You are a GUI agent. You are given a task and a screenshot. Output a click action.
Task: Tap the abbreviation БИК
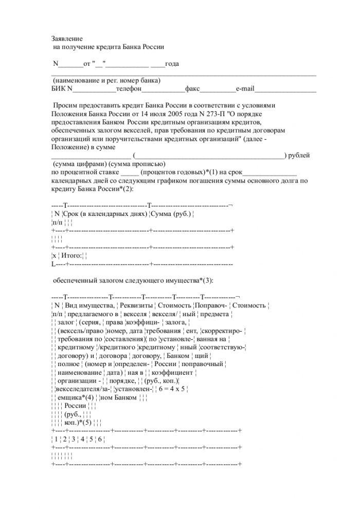point(59,89)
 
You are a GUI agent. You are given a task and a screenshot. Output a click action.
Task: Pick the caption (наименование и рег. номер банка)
point(106,81)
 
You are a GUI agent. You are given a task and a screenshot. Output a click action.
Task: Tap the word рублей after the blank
point(299,155)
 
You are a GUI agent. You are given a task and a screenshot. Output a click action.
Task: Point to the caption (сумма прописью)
point(137,163)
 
